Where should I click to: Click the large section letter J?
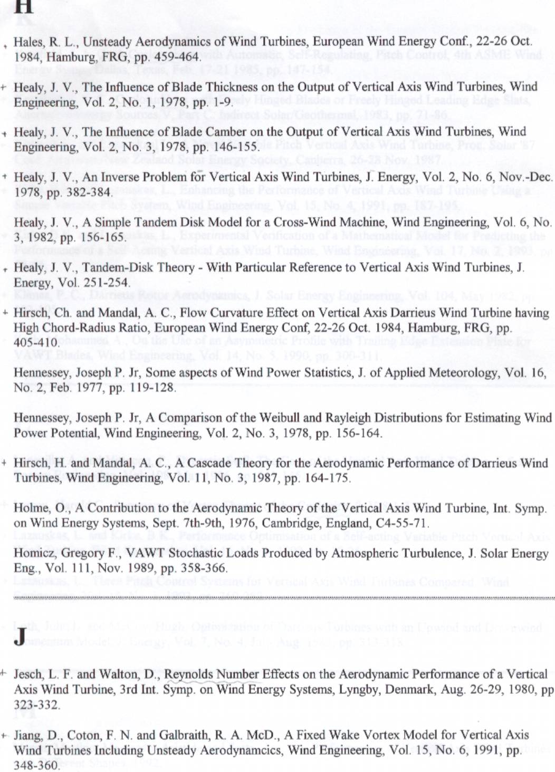(x=20, y=636)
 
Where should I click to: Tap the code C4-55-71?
(x=401, y=524)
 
